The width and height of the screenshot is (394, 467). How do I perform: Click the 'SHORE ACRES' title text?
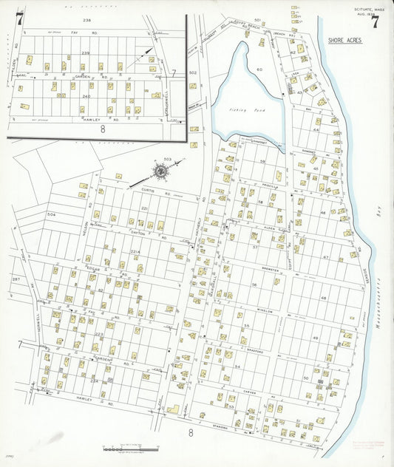[344, 41]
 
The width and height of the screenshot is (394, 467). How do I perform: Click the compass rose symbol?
[159, 172]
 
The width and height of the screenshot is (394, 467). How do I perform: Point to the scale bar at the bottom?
[130, 448]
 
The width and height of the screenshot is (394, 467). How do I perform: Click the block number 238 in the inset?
[86, 21]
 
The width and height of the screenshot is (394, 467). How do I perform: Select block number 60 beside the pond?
[259, 69]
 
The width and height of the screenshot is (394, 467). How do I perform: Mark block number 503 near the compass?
[167, 160]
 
